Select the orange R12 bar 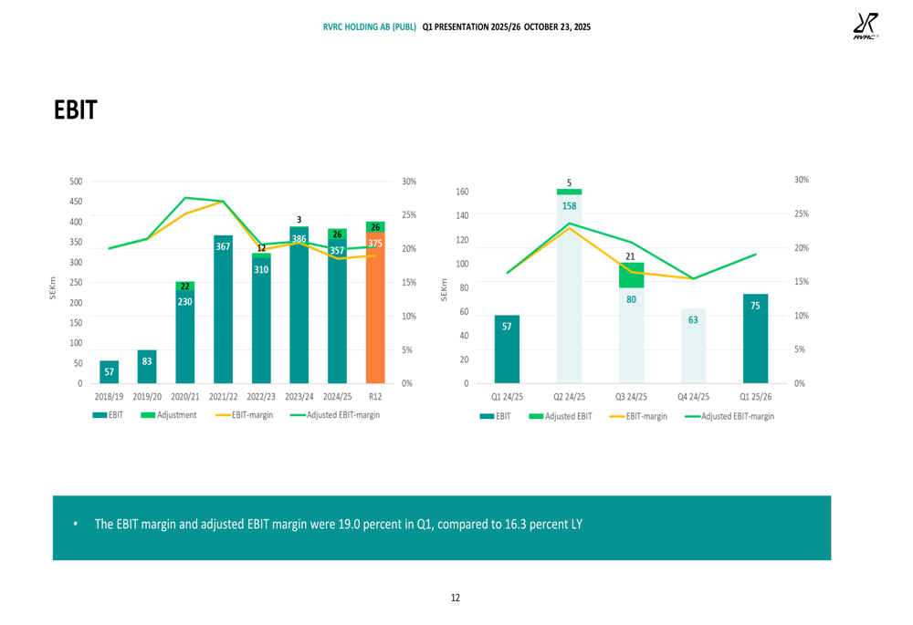pos(375,310)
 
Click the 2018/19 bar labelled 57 pos(110,372)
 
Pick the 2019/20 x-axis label pos(147,397)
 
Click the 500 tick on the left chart pos(75,182)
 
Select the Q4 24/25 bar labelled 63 pos(693,347)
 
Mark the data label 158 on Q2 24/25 pos(569,207)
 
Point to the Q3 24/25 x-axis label pos(631,397)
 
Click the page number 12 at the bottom pos(456,598)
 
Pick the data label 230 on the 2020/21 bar pos(184,301)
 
